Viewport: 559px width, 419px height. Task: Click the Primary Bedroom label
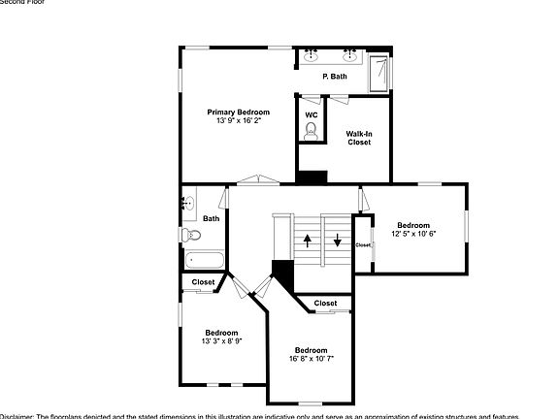[x=238, y=113]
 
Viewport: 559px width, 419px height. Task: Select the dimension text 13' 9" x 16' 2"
[x=238, y=123]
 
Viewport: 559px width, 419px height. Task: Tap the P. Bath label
[x=334, y=76]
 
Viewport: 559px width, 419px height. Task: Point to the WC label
[x=311, y=115]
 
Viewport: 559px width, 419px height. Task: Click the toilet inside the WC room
[x=311, y=135]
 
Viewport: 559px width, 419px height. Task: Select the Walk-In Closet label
[x=359, y=138]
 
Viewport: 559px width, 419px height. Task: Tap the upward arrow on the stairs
[x=309, y=241]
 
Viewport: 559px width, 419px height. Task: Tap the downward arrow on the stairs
[x=338, y=241]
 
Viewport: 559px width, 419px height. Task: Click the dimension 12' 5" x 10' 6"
[x=413, y=234]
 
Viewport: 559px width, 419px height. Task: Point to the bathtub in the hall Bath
[x=204, y=260]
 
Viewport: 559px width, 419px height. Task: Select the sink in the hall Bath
[x=188, y=204]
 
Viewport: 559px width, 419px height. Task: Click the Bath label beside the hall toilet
[x=211, y=218]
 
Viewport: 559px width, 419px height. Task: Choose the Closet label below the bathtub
[x=203, y=282]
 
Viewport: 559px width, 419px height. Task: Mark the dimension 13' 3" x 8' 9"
[x=221, y=341]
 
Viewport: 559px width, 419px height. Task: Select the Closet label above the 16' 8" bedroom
[x=326, y=304]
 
